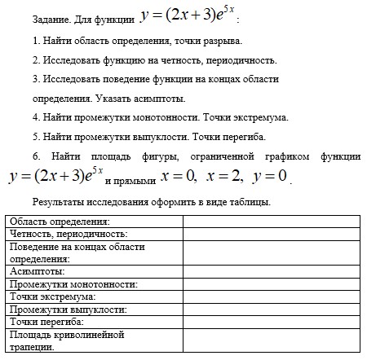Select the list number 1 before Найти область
tap(36, 40)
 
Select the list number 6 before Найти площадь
tap(37, 156)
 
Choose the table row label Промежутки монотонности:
tap(73, 284)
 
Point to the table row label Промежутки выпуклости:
tap(69, 310)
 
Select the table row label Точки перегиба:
tap(47, 322)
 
